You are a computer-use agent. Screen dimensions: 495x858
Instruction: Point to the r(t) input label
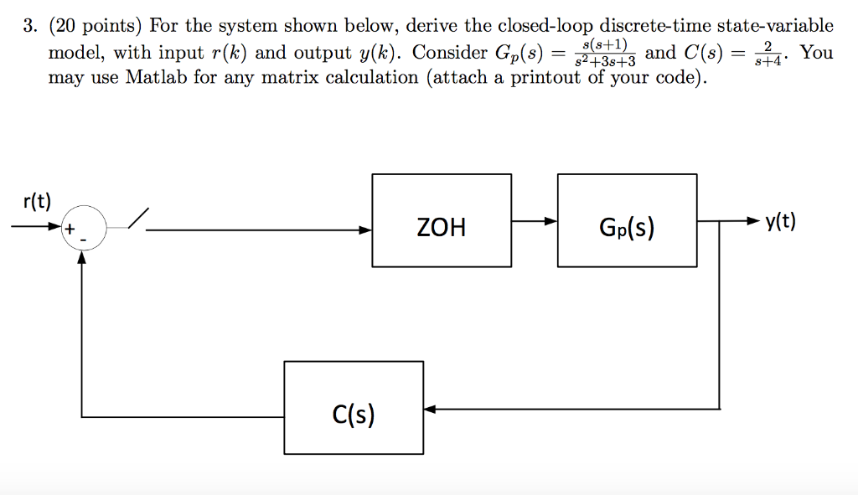(x=37, y=201)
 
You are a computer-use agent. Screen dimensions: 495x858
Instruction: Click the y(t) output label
(x=780, y=222)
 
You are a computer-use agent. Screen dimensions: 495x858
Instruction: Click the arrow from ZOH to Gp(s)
(x=535, y=221)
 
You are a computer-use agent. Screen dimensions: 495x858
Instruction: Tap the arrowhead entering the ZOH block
(x=366, y=229)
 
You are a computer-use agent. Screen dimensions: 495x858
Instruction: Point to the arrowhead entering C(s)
(x=430, y=410)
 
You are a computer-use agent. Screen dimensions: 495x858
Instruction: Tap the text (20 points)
(x=95, y=27)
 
